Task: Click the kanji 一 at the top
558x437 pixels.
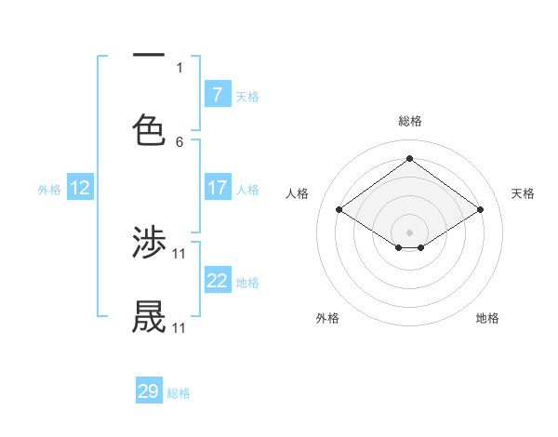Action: tap(149, 56)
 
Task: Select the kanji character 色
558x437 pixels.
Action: tap(149, 129)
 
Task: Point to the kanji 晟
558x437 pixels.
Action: tap(149, 317)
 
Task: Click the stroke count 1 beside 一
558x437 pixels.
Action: tap(179, 67)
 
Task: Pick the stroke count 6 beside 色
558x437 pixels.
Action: tap(179, 141)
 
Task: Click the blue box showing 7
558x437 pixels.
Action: tap(218, 94)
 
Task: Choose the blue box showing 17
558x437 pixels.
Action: tap(218, 188)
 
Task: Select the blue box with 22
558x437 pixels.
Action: tap(218, 281)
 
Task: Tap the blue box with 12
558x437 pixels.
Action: tap(80, 188)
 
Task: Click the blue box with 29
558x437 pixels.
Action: tap(149, 391)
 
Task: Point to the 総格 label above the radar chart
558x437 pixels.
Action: tap(410, 121)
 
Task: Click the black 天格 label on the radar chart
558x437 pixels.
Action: tap(524, 193)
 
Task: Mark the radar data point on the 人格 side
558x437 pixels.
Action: tap(339, 210)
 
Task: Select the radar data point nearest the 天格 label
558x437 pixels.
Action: tap(480, 210)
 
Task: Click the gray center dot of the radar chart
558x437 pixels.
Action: tap(410, 232)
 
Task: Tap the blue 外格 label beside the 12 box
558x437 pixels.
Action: tap(49, 189)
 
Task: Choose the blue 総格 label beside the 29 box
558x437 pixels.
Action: tap(179, 393)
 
